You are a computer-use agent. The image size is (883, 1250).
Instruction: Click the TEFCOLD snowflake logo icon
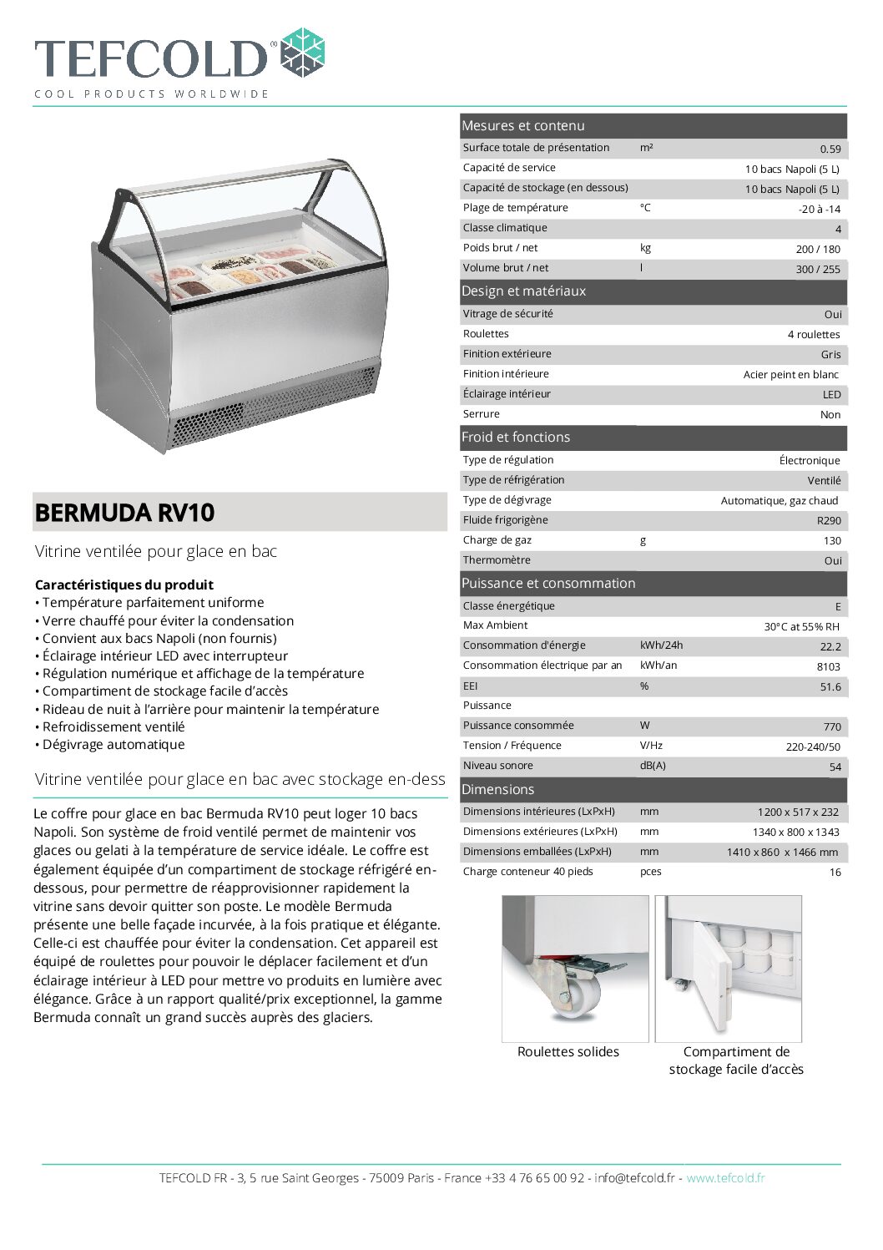pyautogui.click(x=301, y=53)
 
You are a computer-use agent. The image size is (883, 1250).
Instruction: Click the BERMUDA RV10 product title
pyautogui.click(x=124, y=513)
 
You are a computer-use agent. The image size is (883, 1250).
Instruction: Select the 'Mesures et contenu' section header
pyautogui.click(x=523, y=126)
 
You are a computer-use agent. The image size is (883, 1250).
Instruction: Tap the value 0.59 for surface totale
pyautogui.click(x=830, y=149)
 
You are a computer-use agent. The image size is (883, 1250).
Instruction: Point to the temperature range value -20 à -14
pyautogui.click(x=819, y=210)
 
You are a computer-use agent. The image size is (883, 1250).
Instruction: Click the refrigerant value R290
pyautogui.click(x=829, y=521)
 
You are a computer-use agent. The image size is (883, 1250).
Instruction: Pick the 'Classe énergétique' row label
pyautogui.click(x=508, y=606)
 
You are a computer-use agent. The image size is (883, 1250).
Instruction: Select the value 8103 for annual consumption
pyautogui.click(x=829, y=667)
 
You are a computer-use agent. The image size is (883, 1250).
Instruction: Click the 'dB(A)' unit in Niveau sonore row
pyautogui.click(x=653, y=766)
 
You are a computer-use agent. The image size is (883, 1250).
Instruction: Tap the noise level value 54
pyautogui.click(x=835, y=767)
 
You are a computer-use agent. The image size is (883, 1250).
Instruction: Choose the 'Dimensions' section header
pyautogui.click(x=497, y=790)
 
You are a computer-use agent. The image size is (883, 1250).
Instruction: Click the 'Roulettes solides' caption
pyautogui.click(x=568, y=1052)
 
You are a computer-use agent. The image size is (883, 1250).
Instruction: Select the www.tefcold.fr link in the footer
pyautogui.click(x=725, y=1178)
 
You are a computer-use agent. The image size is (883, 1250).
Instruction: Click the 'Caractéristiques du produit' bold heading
pyautogui.click(x=124, y=585)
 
